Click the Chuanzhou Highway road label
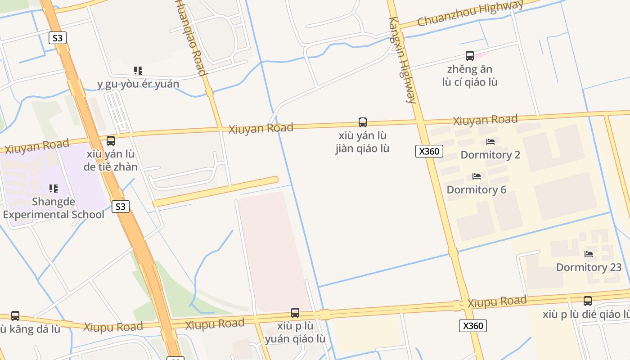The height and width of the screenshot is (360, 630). (x=470, y=14)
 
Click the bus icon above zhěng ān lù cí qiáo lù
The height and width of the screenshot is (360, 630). (x=470, y=56)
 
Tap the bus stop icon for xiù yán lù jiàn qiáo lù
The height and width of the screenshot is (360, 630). (x=362, y=122)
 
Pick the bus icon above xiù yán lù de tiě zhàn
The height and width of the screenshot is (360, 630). (x=111, y=141)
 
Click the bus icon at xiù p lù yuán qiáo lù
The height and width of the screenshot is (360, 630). (x=295, y=312)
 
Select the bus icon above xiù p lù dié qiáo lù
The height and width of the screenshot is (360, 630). (x=588, y=301)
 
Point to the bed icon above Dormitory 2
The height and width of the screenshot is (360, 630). (x=490, y=142)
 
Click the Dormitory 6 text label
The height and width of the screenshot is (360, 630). (x=477, y=189)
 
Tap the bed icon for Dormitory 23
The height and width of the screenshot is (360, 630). (x=589, y=254)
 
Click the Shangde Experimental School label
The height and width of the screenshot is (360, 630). (x=54, y=207)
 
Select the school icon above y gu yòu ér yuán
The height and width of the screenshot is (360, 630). (x=138, y=71)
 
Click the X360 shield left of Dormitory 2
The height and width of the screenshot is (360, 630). (x=429, y=151)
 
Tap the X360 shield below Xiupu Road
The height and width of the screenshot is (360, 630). (x=473, y=326)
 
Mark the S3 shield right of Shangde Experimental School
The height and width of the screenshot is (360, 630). (x=120, y=207)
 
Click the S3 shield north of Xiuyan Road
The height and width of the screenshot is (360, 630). (x=58, y=38)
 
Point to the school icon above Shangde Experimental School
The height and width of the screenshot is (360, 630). (x=54, y=188)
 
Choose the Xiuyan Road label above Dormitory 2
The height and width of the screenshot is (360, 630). (x=485, y=120)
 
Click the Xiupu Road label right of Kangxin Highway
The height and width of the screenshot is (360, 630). (x=497, y=301)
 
